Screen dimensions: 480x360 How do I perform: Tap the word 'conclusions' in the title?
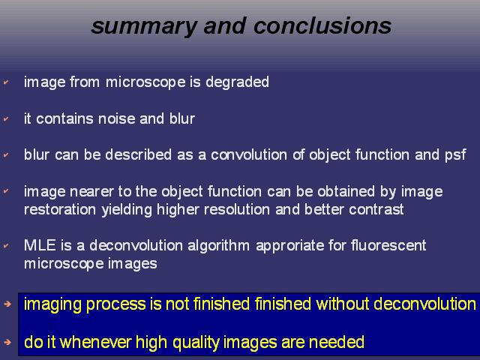click(x=322, y=25)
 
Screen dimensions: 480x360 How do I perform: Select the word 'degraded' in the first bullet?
click(x=237, y=82)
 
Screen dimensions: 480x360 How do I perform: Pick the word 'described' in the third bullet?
click(x=138, y=154)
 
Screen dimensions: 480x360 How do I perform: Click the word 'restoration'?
click(x=60, y=210)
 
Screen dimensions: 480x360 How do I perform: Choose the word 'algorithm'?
click(x=218, y=246)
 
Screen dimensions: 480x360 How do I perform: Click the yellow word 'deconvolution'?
click(x=425, y=304)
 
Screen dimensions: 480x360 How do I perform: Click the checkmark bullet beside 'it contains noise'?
click(x=6, y=118)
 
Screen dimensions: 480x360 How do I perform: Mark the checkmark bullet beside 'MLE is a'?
click(x=6, y=245)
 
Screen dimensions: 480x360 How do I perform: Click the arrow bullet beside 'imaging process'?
click(x=7, y=304)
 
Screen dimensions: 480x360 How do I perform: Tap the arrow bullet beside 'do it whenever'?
click(x=7, y=342)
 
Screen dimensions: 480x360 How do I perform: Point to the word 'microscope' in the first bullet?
click(x=145, y=82)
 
